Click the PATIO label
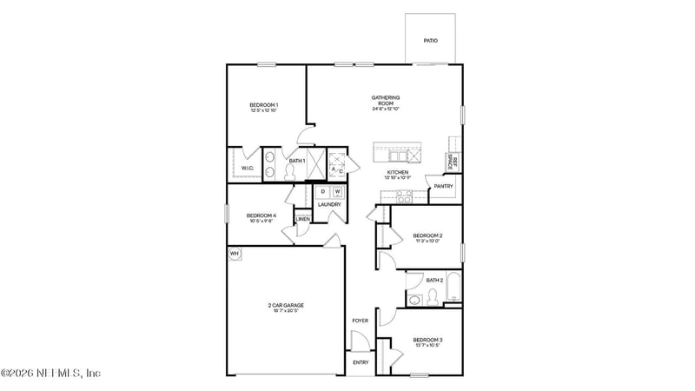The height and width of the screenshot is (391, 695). [430, 41]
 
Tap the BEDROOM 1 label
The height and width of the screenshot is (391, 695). [264, 105]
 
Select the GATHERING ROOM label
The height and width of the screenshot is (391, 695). [385, 100]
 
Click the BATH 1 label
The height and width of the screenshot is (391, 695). [297, 161]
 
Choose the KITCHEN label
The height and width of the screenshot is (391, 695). [398, 173]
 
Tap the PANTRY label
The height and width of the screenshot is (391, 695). [443, 186]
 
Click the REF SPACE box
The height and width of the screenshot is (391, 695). [452, 161]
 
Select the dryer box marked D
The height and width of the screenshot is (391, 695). [322, 191]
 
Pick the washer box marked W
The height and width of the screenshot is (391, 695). [337, 191]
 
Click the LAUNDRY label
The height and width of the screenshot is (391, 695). [329, 205]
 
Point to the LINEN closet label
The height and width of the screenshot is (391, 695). [302, 219]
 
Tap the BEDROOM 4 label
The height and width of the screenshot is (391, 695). [261, 215]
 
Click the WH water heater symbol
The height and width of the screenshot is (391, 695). [234, 254]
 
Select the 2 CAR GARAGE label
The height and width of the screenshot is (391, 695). [286, 305]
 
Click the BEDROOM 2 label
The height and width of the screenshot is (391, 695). [427, 235]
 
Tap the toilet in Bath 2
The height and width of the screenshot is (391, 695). [415, 299]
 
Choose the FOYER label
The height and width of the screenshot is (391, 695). [361, 321]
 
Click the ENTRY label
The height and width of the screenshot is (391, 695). [361, 362]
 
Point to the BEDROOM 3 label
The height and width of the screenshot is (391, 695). [427, 339]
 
